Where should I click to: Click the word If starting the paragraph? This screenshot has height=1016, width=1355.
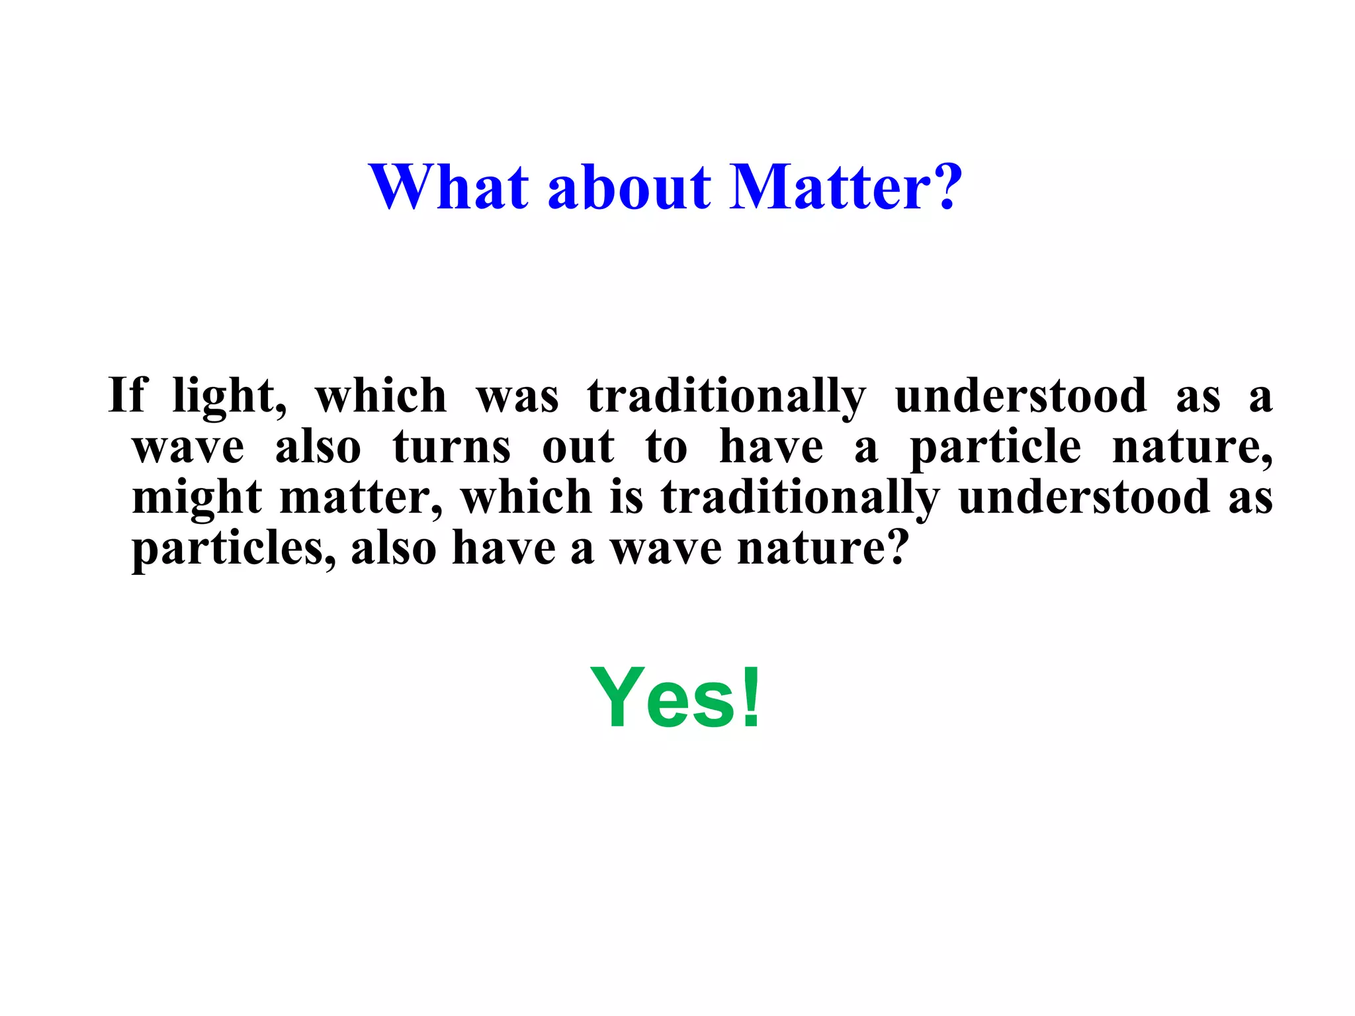pos(127,395)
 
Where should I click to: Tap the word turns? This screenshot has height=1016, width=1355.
pos(452,447)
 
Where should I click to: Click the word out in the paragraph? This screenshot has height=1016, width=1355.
pos(578,447)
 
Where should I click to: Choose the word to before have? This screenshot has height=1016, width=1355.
pos(666,447)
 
